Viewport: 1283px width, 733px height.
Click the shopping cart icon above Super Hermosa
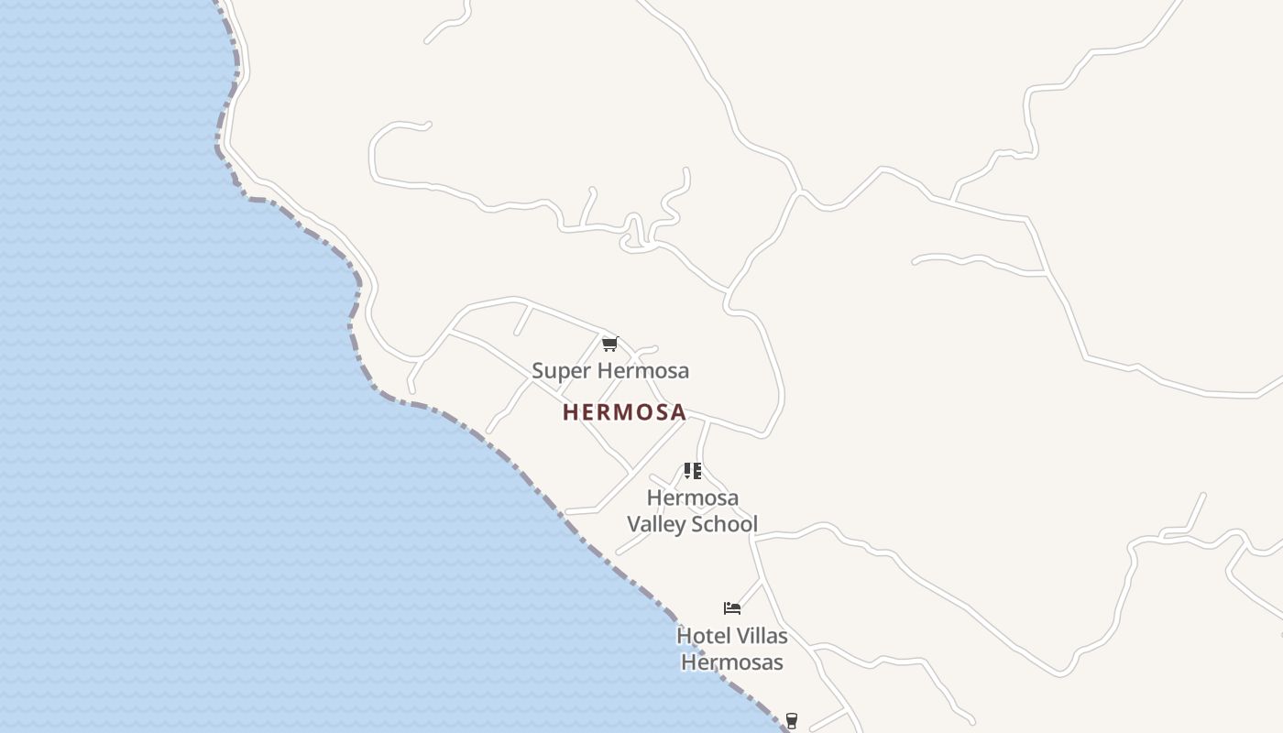pyautogui.click(x=609, y=345)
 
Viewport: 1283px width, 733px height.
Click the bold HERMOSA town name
pyautogui.click(x=624, y=412)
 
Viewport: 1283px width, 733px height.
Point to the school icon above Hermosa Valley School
pyautogui.click(x=693, y=471)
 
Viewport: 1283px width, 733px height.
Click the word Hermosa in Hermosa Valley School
pyautogui.click(x=693, y=498)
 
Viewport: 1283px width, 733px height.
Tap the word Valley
pyautogui.click(x=656, y=524)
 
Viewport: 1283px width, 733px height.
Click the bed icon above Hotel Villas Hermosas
pyautogui.click(x=731, y=607)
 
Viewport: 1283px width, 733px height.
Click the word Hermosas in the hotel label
pyautogui.click(x=732, y=662)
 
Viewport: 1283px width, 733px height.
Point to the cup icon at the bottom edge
pyautogui.click(x=792, y=721)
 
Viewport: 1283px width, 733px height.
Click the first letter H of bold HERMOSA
pyautogui.click(x=570, y=412)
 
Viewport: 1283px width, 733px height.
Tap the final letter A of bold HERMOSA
pyautogui.click(x=678, y=412)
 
